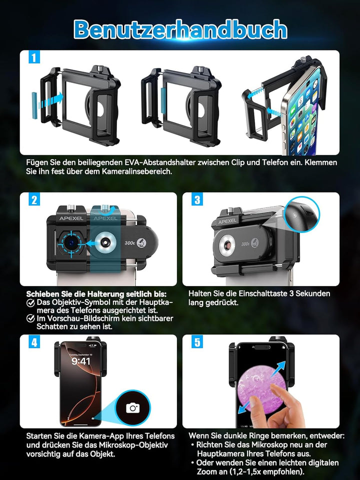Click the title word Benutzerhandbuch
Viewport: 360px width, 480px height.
coord(180,29)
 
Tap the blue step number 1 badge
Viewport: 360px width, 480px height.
coord(34,57)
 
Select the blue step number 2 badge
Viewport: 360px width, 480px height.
coord(34,199)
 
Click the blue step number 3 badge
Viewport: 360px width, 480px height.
coord(197,199)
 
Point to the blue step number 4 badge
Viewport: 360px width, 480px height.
coord(34,342)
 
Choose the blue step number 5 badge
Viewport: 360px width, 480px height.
coord(197,342)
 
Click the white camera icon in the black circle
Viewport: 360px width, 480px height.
coord(133,408)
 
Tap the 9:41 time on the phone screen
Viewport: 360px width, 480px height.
coord(81,361)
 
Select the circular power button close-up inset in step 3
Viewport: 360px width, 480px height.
coord(302,214)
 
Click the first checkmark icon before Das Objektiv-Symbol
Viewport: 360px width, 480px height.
coord(30,303)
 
